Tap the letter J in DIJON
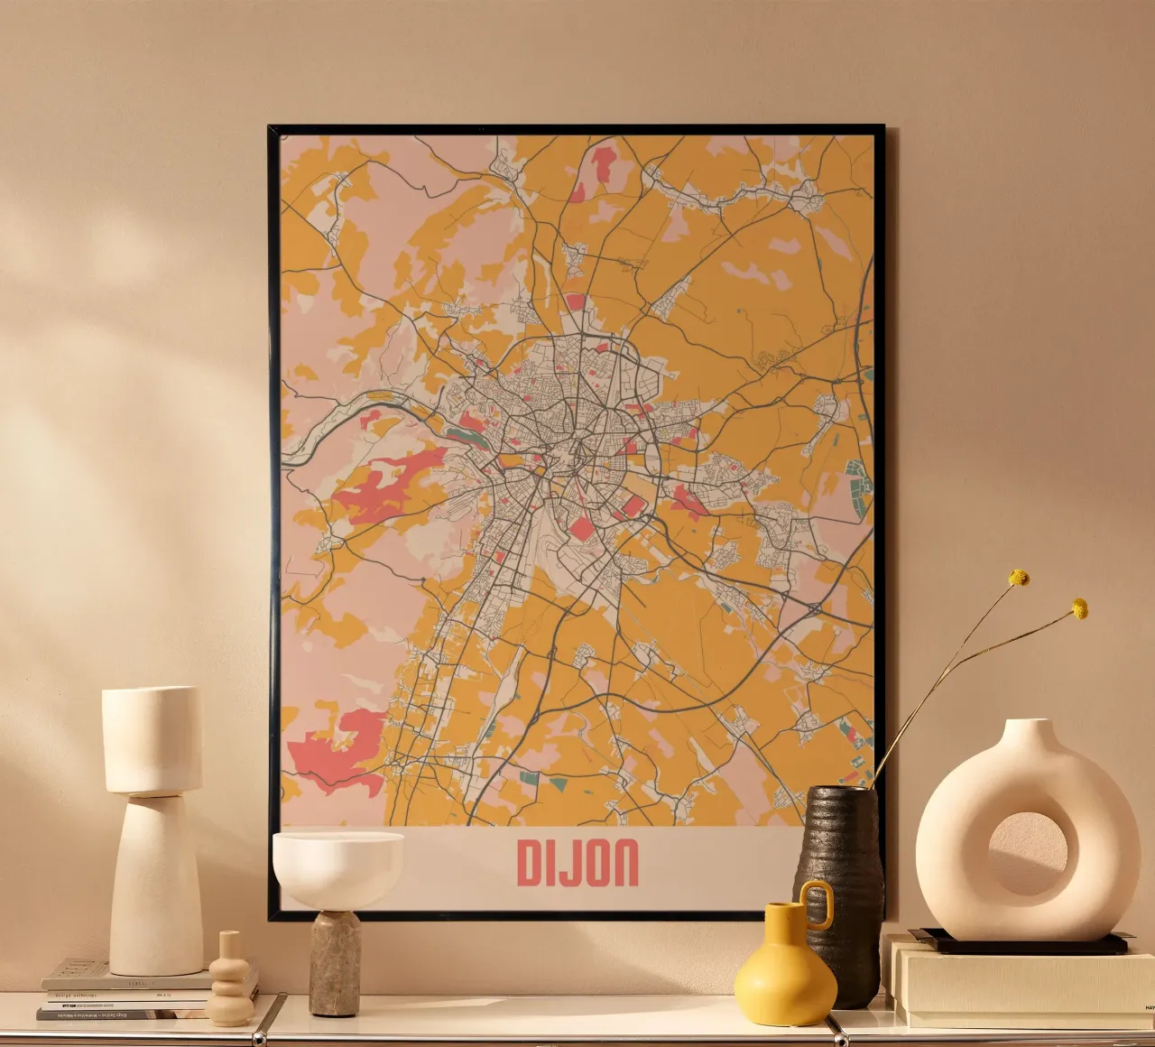click(568, 863)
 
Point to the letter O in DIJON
click(595, 863)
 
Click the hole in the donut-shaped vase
click(1027, 854)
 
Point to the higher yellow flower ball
click(1019, 578)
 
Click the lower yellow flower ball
click(1079, 608)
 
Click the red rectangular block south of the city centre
click(582, 527)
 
